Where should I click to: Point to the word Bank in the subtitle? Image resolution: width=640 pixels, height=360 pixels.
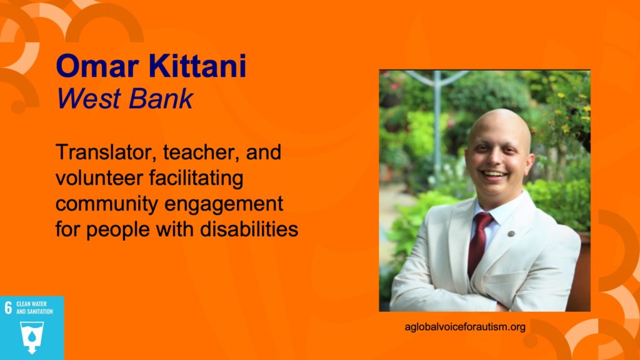click(161, 98)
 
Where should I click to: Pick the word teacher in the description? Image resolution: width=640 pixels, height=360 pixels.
click(201, 152)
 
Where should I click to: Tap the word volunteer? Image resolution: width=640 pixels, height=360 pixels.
click(99, 178)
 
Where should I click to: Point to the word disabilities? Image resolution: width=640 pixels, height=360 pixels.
click(249, 229)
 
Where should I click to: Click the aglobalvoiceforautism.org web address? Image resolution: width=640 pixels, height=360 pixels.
click(465, 327)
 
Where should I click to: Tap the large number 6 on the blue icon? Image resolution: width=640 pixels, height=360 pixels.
click(8, 307)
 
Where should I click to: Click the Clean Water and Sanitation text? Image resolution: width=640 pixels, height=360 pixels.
click(34, 307)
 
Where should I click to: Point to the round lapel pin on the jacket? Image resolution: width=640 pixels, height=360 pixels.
click(511, 234)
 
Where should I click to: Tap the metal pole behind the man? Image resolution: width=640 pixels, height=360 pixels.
click(437, 118)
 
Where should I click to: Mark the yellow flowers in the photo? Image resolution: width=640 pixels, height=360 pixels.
click(571, 110)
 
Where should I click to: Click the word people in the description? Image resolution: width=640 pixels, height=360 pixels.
click(118, 230)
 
